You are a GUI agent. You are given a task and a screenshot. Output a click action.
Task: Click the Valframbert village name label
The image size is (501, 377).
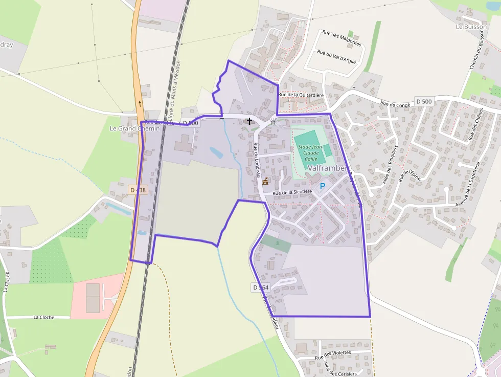pos(329,168)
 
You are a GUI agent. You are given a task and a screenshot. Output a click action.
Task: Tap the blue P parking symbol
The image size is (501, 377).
pos(322,186)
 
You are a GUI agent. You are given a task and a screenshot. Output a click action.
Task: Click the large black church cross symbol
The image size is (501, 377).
pos(249,121)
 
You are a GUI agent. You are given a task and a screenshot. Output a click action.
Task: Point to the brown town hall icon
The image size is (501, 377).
pos(265,181)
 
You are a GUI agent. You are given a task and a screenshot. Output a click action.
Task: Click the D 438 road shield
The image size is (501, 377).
pos(138,190)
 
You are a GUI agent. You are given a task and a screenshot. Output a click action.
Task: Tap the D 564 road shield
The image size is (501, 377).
pos(260,287)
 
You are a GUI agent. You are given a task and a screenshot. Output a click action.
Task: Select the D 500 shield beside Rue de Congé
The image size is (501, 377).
pos(424,101)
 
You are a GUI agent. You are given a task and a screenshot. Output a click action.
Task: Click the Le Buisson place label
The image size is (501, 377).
pos(471,27)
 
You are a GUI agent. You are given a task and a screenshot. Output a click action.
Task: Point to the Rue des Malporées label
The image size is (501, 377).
pos(341,38)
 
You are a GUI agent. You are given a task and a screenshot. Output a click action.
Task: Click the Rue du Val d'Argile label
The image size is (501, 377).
pos(336,56)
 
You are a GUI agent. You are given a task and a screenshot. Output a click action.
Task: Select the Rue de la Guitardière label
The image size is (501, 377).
pos(301,95)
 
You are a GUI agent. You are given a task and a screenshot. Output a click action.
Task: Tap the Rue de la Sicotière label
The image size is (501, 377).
pos(292,192)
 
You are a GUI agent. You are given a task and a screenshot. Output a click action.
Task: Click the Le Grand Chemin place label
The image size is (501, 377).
pos(134,128)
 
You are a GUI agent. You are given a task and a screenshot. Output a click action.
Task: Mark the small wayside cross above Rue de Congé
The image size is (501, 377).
pos(353,88)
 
